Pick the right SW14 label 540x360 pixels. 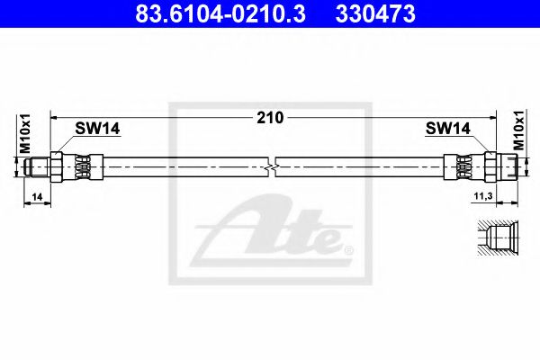click(447, 129)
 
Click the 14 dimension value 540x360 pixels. click(36, 194)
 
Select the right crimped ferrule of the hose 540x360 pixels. click(463, 166)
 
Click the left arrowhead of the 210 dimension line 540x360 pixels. click(55, 117)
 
